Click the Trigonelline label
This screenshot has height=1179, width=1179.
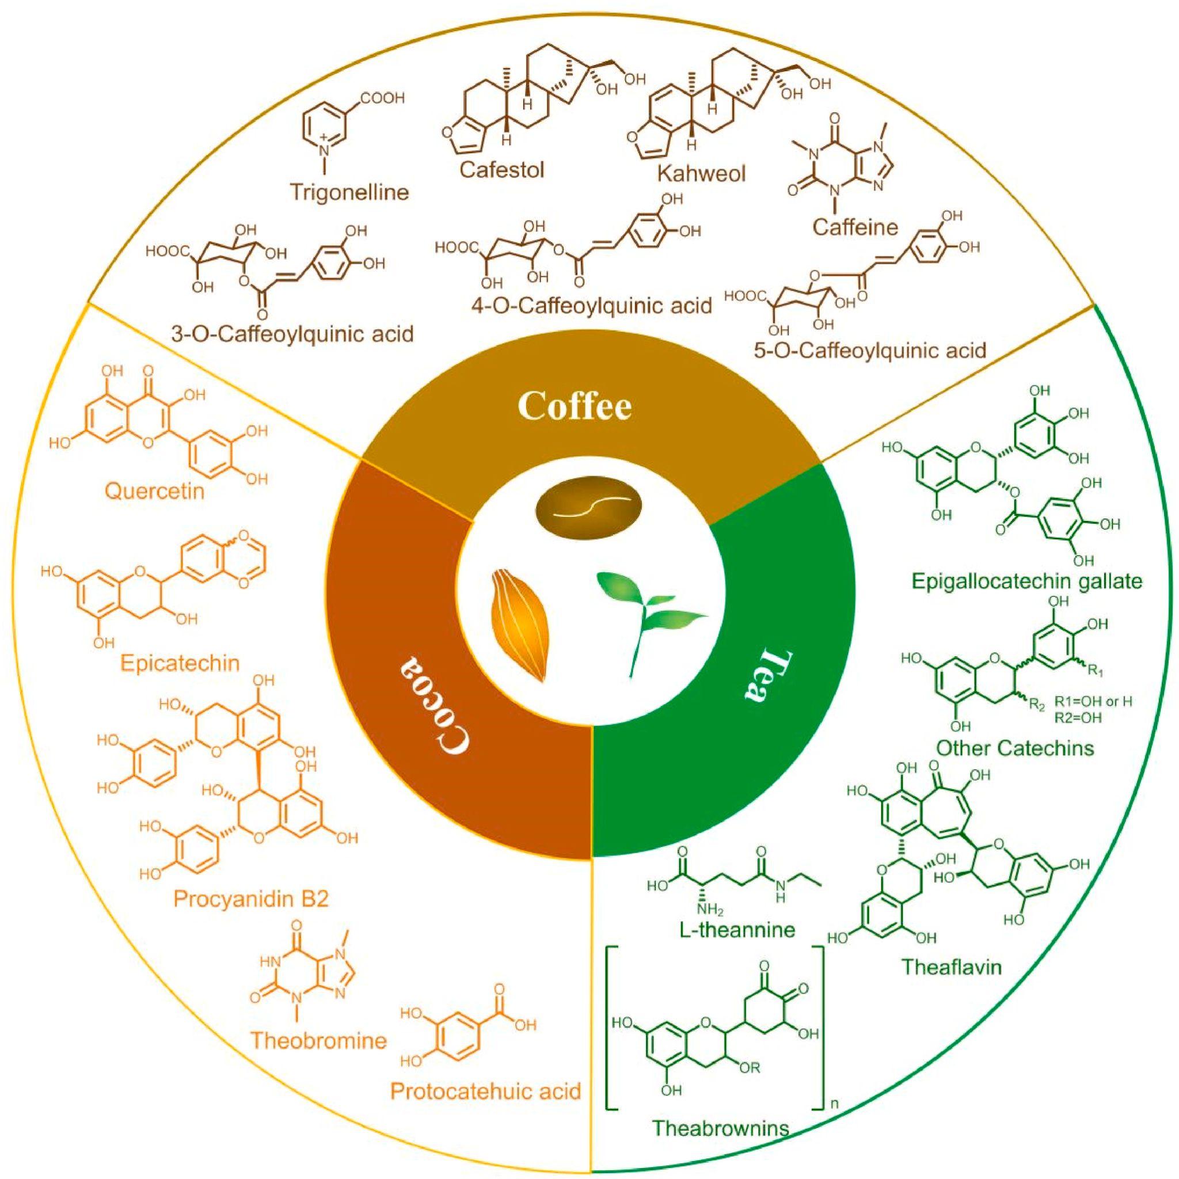pos(349,193)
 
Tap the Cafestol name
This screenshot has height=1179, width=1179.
pos(501,169)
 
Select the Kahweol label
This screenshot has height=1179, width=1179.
pos(702,173)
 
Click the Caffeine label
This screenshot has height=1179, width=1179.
pos(855,227)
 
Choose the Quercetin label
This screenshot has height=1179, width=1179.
pos(154,490)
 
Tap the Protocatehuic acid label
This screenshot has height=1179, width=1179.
pos(485,1090)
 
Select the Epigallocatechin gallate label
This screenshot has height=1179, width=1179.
pos(1026,581)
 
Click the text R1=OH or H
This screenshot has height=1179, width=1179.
pos(1093,702)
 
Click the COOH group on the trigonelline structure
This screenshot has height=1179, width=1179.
pos(382,99)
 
